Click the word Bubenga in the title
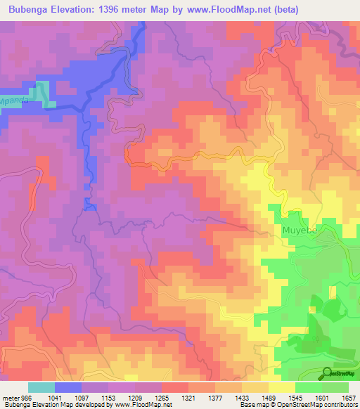(x=30, y=10)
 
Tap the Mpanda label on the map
(x=15, y=100)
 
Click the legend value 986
(x=24, y=398)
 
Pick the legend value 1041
(x=68, y=398)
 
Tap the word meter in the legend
(x=9, y=398)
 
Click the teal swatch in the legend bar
(x=41, y=387)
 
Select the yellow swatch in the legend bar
(x=281, y=387)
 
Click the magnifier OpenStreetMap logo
(x=328, y=373)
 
